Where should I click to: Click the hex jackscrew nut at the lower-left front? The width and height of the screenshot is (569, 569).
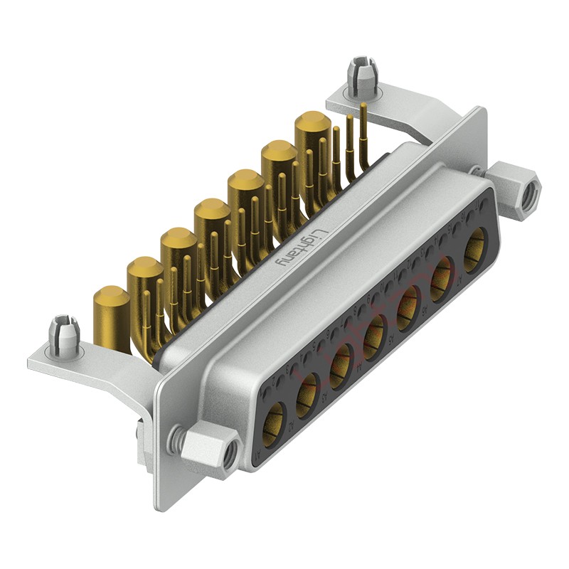[x=206, y=449]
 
